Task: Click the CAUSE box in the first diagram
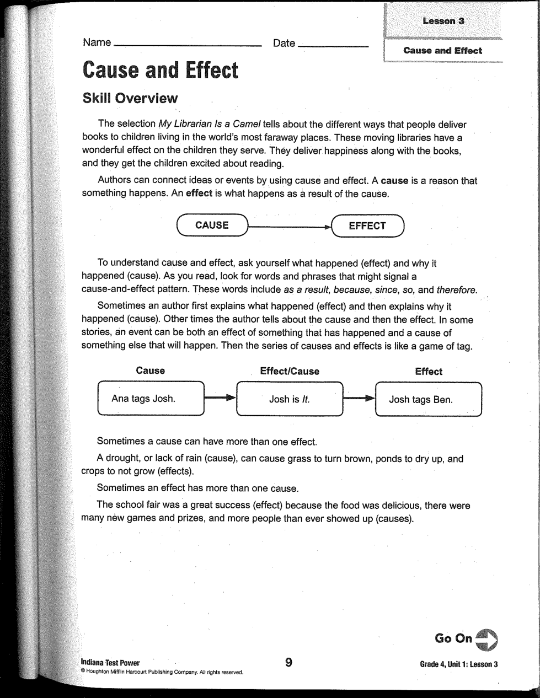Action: point(212,225)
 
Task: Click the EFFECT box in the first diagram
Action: point(368,225)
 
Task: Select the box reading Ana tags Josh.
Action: point(150,399)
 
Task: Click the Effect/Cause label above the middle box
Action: point(290,372)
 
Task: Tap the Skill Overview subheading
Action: point(130,99)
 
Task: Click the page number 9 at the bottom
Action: point(288,662)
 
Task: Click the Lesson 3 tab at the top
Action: point(443,21)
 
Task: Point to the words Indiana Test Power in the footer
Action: point(110,663)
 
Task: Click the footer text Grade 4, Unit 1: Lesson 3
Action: point(459,664)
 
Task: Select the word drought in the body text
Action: point(125,459)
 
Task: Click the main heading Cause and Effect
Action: point(160,71)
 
